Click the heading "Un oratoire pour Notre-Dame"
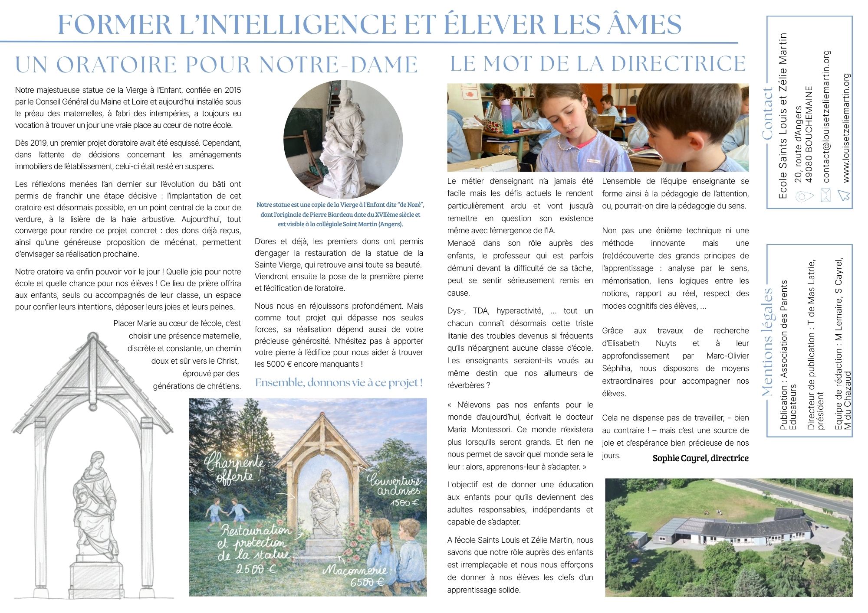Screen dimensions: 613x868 click(216, 65)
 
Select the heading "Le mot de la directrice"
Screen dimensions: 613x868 click(598, 64)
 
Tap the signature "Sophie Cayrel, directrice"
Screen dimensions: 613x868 click(700, 458)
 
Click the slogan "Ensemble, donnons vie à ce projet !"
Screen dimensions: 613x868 click(339, 383)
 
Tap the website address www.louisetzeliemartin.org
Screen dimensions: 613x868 click(846, 128)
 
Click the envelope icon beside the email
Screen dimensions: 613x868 click(825, 196)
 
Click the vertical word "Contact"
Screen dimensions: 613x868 click(767, 114)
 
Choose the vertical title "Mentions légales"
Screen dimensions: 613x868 click(767, 342)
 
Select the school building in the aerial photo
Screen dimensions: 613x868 click(733, 531)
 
